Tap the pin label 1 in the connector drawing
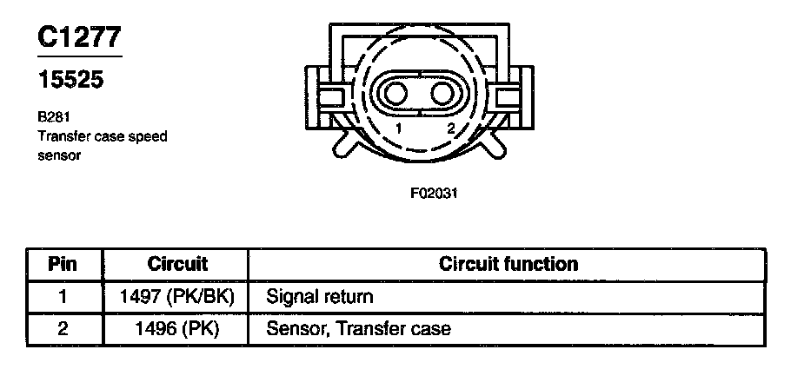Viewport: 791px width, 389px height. pos(397,129)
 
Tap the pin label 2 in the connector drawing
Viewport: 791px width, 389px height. pos(450,129)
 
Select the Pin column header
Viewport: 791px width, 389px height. pos(63,263)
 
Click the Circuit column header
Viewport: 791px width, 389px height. pos(177,263)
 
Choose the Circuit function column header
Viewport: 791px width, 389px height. pos(508,263)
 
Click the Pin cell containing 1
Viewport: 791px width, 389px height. pos(63,297)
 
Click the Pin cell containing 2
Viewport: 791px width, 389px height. pos(63,329)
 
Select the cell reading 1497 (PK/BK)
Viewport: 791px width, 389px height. pos(177,297)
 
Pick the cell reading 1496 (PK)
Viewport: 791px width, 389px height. pos(177,329)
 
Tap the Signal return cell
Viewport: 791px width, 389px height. pos(320,297)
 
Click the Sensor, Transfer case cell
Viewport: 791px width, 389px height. pos(358,329)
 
